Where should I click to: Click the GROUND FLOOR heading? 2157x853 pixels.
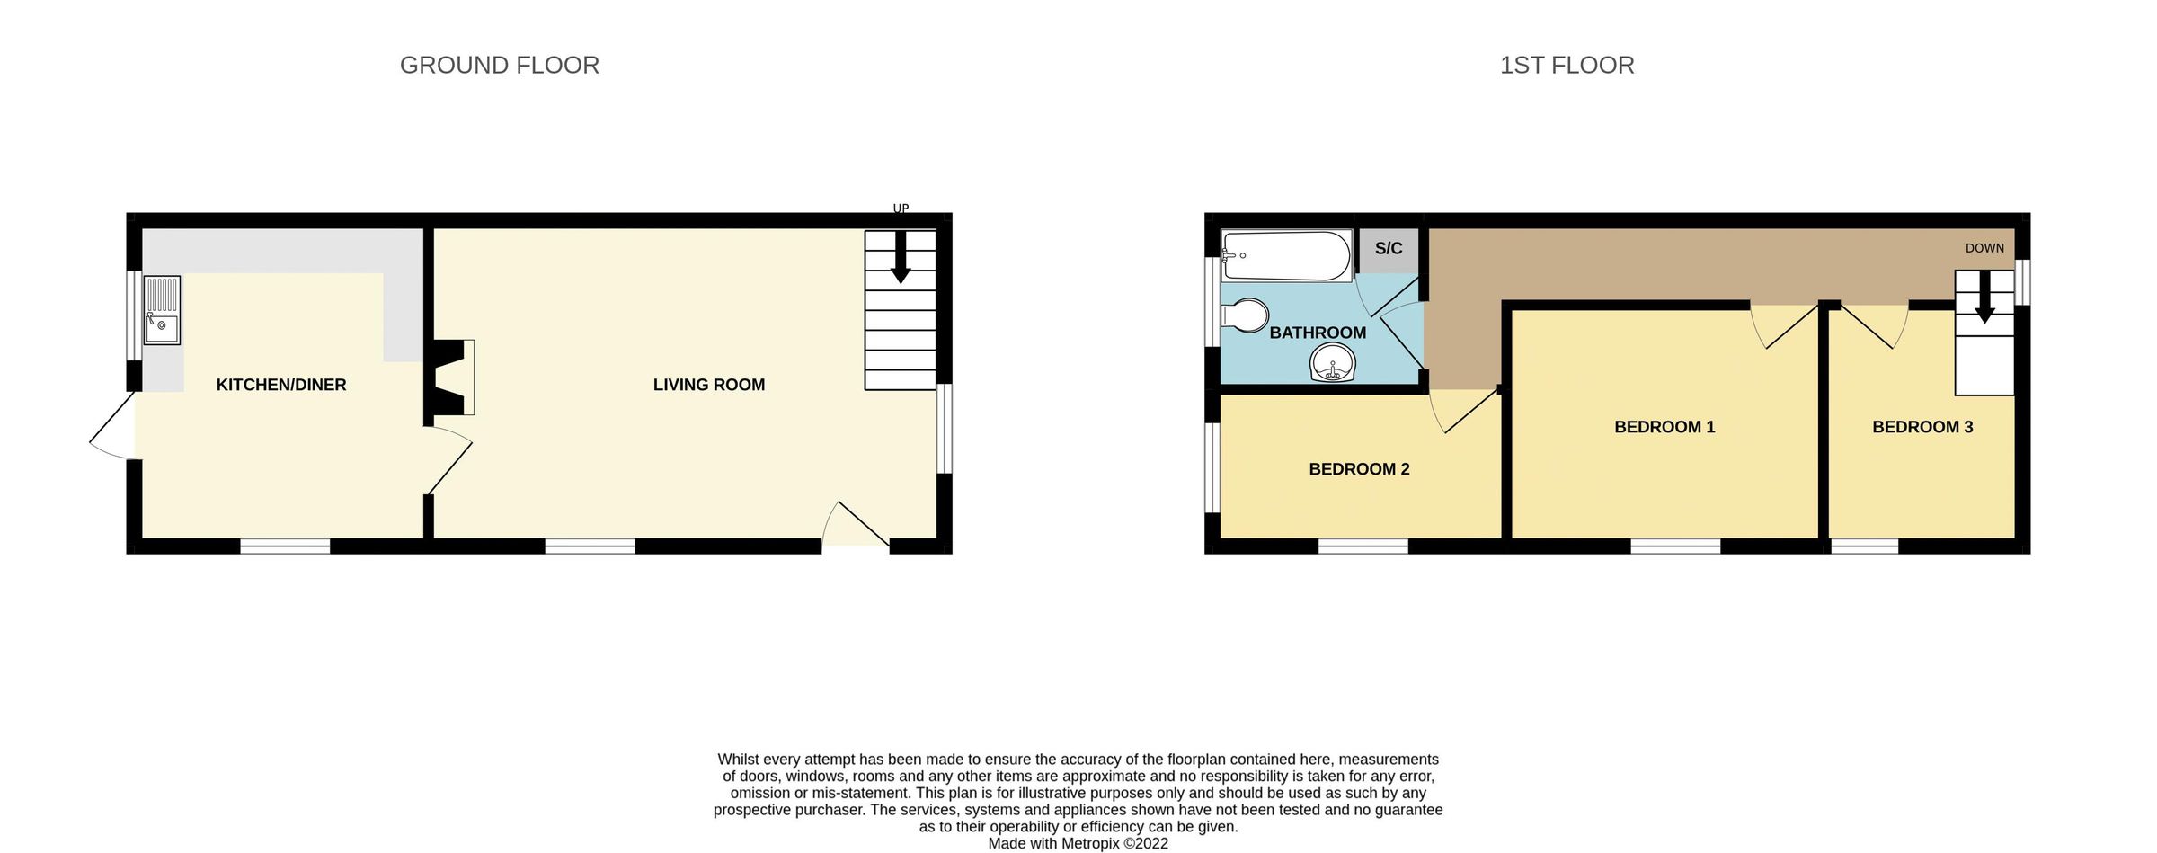(x=499, y=66)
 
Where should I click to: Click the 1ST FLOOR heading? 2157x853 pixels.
(x=1567, y=66)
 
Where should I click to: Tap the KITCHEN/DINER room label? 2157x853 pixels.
(x=280, y=385)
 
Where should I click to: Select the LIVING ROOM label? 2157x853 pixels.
(x=708, y=385)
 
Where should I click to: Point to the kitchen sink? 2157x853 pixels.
(x=162, y=311)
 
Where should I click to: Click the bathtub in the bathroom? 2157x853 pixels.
(x=1286, y=256)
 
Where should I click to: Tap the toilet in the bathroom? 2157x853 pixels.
(x=1246, y=315)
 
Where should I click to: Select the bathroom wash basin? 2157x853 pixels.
(x=1332, y=364)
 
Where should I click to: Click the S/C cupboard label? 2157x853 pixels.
(x=1388, y=249)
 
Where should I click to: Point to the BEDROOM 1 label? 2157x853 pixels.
(x=1664, y=427)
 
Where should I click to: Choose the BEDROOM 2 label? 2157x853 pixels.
(x=1359, y=469)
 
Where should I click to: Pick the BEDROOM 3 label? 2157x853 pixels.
(x=1922, y=427)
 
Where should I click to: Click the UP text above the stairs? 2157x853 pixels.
(x=901, y=209)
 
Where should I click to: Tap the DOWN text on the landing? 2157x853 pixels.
(x=1984, y=248)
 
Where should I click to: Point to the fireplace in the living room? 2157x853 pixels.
(x=455, y=378)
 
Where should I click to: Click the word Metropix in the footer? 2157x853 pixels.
(x=1090, y=843)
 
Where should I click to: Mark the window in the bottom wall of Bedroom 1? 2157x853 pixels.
(x=1675, y=546)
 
